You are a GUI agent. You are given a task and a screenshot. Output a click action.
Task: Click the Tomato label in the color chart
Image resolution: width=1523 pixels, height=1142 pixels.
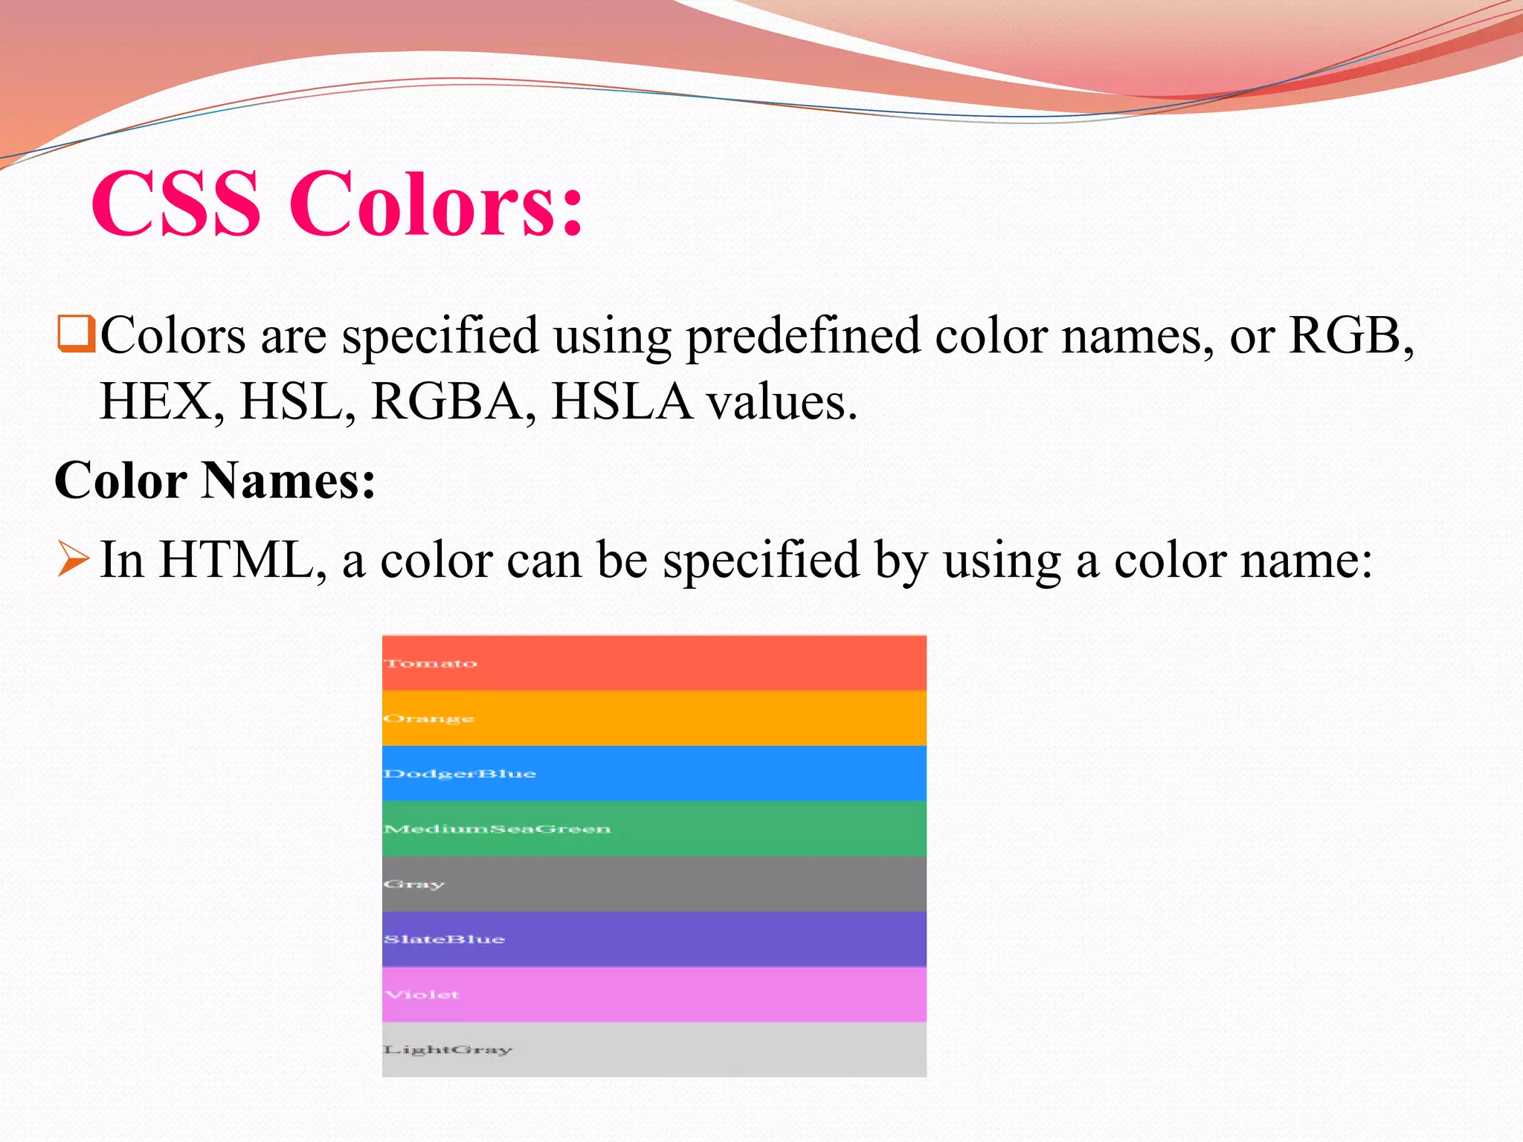tap(431, 663)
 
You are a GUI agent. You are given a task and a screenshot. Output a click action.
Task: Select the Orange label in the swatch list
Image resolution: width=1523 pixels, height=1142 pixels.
tap(428, 719)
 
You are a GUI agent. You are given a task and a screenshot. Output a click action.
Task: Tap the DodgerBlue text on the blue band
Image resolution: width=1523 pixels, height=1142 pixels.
tap(460, 774)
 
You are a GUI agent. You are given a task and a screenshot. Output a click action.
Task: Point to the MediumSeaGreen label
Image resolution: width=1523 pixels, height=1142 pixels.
tap(497, 829)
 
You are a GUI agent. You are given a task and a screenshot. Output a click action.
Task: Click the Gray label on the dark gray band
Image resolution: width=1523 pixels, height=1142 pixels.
tap(413, 885)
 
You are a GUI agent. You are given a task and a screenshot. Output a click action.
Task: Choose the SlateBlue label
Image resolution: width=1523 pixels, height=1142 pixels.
tap(444, 940)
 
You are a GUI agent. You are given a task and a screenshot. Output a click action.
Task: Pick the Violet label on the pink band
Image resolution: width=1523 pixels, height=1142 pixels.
tap(422, 995)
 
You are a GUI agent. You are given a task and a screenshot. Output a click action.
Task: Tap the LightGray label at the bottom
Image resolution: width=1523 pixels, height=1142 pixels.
tap(447, 1050)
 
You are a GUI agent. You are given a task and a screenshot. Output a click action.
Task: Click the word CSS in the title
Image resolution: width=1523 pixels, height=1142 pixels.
tap(176, 203)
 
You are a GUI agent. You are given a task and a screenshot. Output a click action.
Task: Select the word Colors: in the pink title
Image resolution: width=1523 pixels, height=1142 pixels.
tap(436, 203)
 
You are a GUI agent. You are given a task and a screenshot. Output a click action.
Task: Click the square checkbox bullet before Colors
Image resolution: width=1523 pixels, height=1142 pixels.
tap(75, 334)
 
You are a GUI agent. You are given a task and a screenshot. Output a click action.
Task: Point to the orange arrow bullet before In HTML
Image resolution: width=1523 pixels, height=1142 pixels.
tap(73, 559)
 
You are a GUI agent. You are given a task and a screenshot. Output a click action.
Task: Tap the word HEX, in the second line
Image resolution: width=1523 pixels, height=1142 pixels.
tap(162, 401)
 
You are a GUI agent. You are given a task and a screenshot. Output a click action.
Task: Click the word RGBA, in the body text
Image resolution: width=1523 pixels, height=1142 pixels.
tap(453, 401)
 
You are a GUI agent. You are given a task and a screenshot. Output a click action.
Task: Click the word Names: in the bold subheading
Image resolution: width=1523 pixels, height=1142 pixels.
tap(289, 480)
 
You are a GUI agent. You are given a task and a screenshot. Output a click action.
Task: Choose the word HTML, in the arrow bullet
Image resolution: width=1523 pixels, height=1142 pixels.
tap(242, 560)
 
